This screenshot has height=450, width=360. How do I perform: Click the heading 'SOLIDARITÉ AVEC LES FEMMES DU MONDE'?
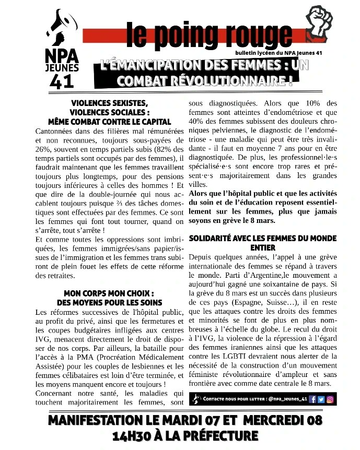tap(262, 238)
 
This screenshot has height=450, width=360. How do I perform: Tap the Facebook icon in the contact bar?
tap(312, 399)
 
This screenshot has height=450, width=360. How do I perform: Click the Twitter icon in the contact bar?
tap(321, 399)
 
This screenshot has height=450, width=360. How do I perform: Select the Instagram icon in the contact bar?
tap(330, 399)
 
